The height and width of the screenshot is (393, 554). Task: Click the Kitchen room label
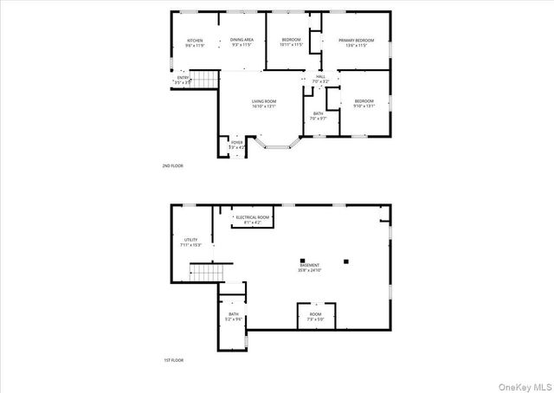(x=195, y=40)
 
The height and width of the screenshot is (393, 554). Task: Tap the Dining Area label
(x=242, y=40)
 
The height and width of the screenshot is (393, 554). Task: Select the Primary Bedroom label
(x=356, y=40)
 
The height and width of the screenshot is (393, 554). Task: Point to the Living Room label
(x=264, y=102)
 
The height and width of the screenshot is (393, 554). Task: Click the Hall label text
(x=320, y=77)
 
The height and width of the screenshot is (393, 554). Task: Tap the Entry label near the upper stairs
(x=183, y=78)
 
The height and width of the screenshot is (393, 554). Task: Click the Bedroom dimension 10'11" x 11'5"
(x=291, y=45)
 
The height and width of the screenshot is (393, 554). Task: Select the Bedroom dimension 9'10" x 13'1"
(x=364, y=106)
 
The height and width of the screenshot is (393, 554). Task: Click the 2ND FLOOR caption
(x=172, y=165)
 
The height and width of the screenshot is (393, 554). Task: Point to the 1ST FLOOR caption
(x=172, y=359)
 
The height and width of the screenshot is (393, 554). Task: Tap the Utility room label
(x=191, y=240)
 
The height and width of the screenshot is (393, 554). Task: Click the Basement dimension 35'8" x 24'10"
(x=309, y=270)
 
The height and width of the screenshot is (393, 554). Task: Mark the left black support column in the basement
(x=302, y=260)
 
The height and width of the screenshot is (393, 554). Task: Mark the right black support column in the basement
(x=345, y=260)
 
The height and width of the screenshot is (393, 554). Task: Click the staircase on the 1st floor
(x=206, y=274)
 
